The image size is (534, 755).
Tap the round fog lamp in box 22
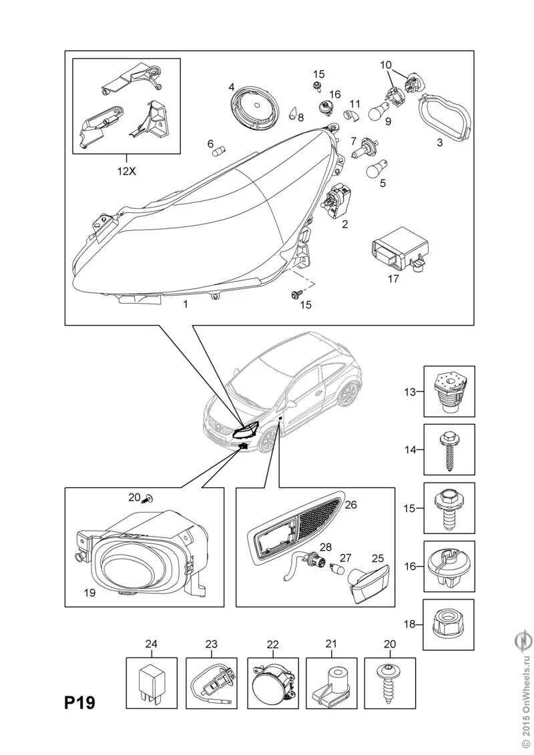point(272,684)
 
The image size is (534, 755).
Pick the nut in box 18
point(449,624)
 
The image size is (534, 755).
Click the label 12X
point(125,170)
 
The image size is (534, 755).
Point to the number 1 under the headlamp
point(185,304)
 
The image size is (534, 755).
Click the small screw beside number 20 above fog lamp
point(148,497)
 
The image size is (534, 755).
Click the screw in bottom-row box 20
point(389,684)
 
